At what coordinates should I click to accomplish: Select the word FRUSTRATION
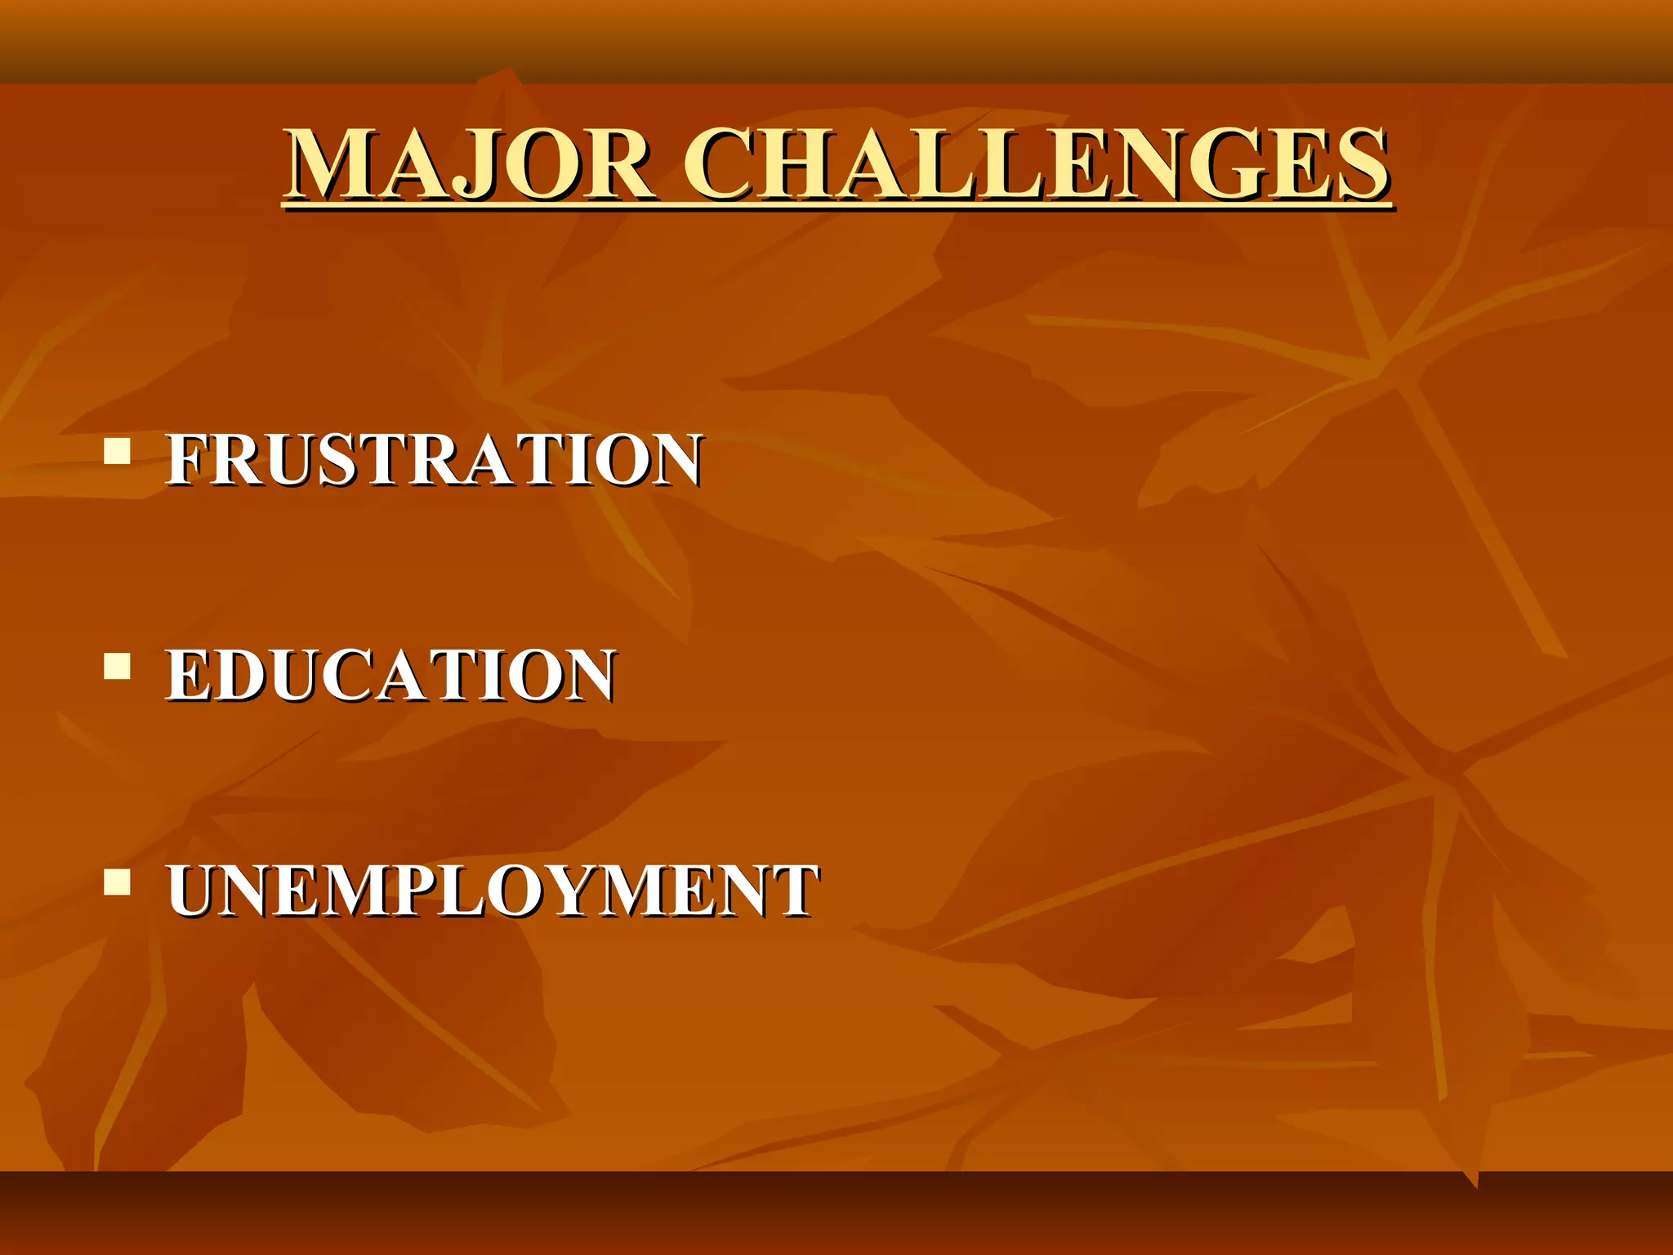pos(434,460)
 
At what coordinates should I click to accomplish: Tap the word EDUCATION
pos(390,676)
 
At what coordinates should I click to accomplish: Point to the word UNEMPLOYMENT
pos(493,891)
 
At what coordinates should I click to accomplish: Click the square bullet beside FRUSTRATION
pos(118,452)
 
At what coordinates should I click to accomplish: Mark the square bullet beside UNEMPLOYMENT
pos(118,883)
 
